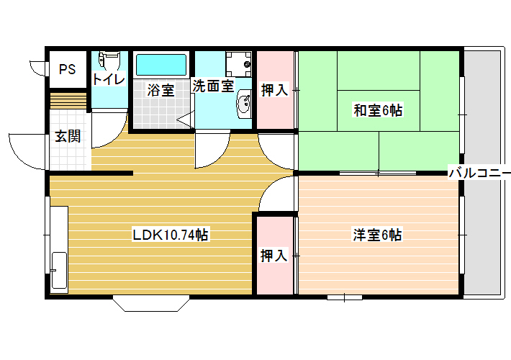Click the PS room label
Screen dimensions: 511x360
tap(67, 69)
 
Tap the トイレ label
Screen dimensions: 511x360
tap(109, 79)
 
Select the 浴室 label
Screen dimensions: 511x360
tap(160, 90)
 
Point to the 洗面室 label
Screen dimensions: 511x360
tap(213, 86)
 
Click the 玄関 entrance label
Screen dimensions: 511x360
tap(68, 136)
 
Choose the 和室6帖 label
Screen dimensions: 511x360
tap(378, 110)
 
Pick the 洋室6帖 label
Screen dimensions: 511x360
tap(377, 235)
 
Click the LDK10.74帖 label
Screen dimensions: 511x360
tap(170, 235)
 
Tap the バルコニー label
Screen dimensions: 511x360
tap(480, 172)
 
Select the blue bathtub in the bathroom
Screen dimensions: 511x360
tap(161, 65)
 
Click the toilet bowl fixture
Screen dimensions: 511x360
tap(109, 59)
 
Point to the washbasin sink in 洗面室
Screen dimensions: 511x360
tap(244, 104)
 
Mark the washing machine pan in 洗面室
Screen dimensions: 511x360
tap(238, 64)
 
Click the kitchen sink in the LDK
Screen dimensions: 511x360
tap(59, 270)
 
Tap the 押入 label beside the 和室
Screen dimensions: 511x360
tap(274, 90)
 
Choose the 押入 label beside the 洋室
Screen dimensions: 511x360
tap(273, 256)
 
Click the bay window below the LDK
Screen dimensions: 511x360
tap(151, 303)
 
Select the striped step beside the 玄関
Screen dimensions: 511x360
tap(68, 101)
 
